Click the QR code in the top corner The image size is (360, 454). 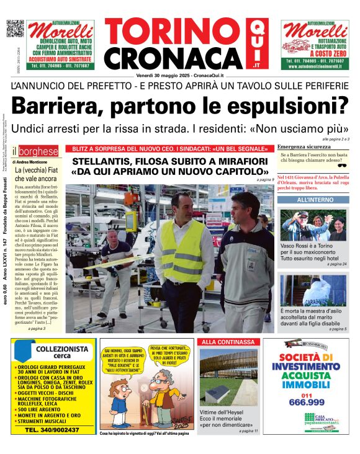15,29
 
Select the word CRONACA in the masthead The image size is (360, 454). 173,58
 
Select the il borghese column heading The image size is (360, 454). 35,151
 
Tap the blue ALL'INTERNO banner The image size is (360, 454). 313,200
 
